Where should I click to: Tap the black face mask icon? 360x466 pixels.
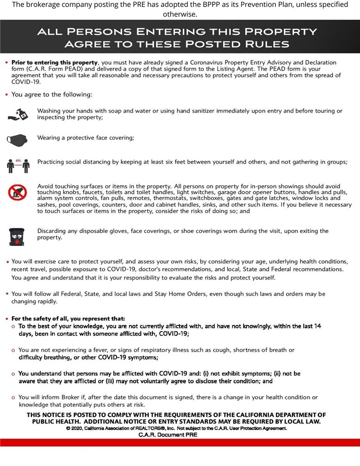pos(18,139)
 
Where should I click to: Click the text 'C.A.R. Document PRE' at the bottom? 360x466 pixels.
pos(167,435)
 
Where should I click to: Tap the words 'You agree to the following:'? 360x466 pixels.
pos(52,95)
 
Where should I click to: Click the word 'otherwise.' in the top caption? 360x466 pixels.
pos(180,14)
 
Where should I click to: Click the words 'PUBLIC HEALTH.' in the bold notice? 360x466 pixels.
pos(56,422)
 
